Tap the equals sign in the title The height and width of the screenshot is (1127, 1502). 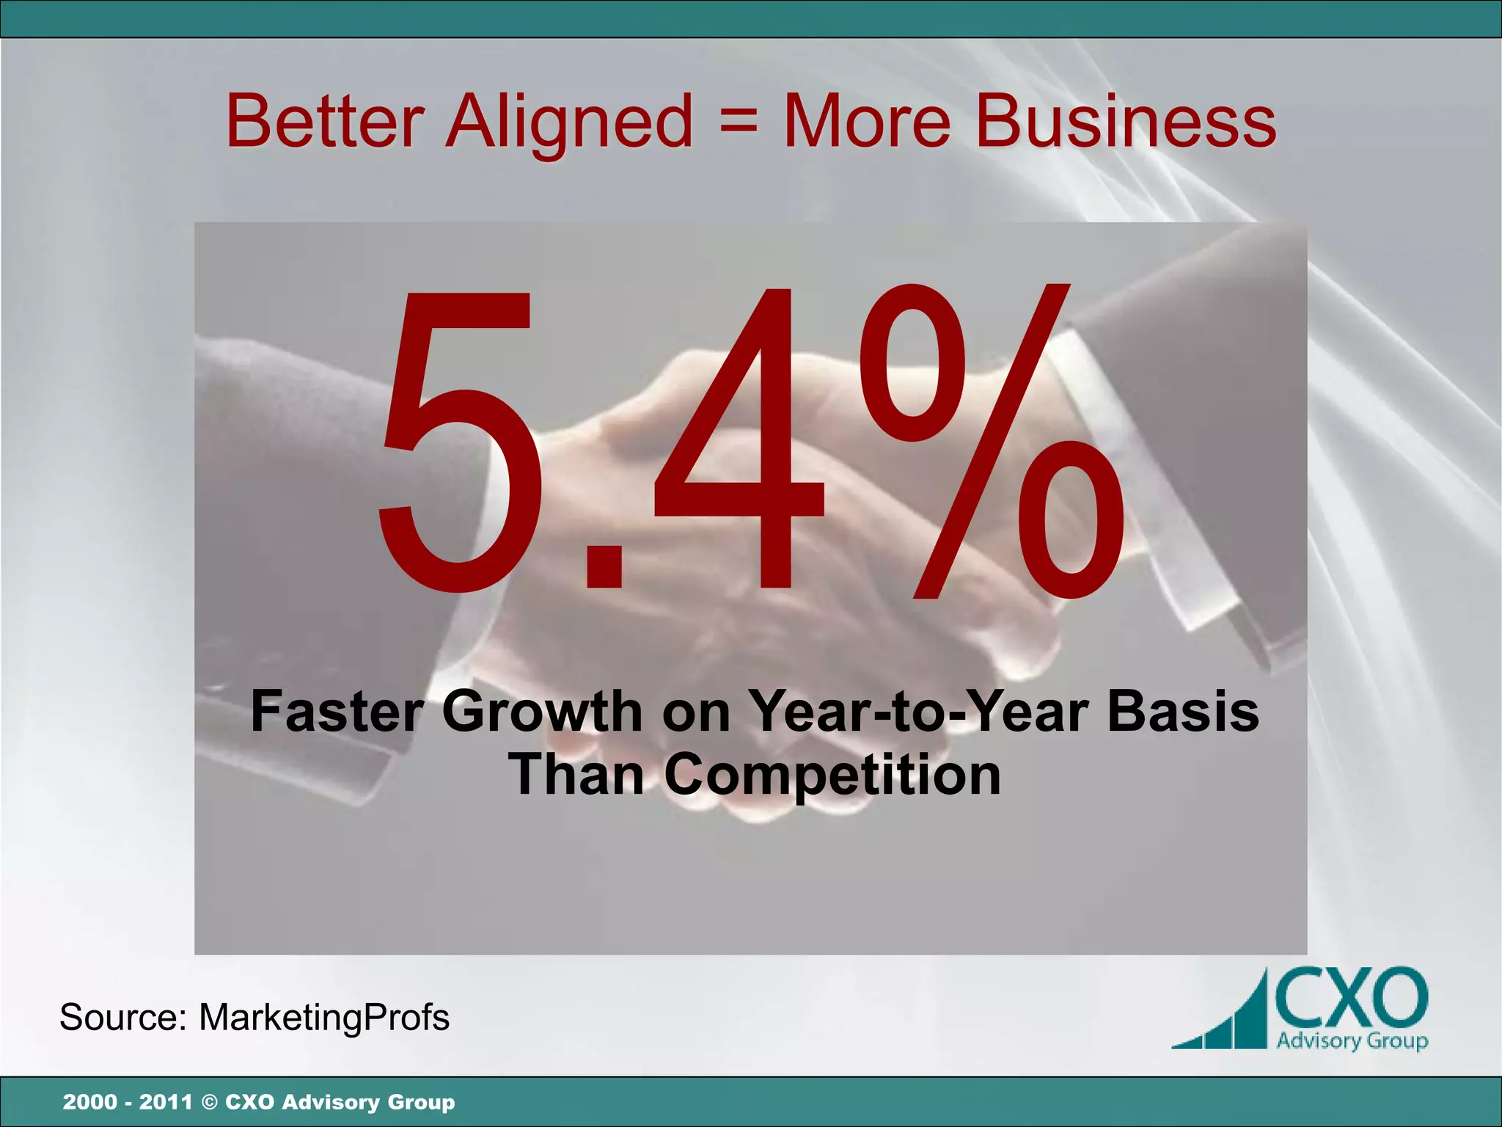coord(738,120)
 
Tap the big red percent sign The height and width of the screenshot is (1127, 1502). coord(990,440)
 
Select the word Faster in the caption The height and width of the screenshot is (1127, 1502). coord(337,711)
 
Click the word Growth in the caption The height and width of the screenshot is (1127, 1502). coord(542,711)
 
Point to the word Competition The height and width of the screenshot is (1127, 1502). coord(832,775)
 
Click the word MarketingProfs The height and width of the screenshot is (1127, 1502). coord(324,1018)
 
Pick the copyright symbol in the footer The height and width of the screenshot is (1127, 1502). coord(209,1102)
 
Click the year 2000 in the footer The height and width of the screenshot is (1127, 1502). coord(89,1102)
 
